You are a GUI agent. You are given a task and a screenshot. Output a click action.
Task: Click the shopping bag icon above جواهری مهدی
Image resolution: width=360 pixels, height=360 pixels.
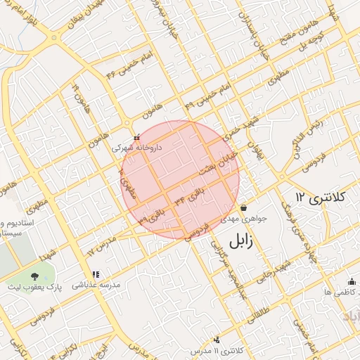[x=243, y=208]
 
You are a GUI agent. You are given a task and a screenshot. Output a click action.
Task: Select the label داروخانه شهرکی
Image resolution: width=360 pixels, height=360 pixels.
[x=139, y=148]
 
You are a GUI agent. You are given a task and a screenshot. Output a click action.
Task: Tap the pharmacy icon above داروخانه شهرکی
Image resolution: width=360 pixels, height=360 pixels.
[x=136, y=136]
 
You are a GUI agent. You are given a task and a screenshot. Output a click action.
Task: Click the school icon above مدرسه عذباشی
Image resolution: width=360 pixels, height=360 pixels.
[x=95, y=274]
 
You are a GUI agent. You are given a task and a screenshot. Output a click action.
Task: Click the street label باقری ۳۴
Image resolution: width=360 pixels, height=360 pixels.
[x=191, y=195]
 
